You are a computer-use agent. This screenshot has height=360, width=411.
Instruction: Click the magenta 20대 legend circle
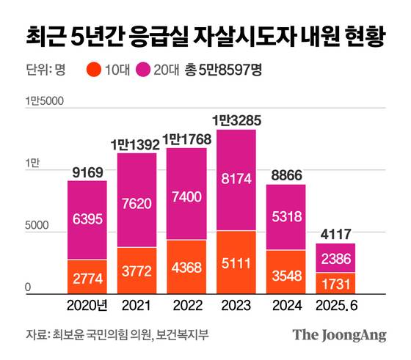click(x=145, y=70)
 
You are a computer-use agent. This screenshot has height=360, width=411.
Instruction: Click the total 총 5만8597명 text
click(x=225, y=70)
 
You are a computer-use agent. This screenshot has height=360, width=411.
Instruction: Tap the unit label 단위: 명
click(x=41, y=70)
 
